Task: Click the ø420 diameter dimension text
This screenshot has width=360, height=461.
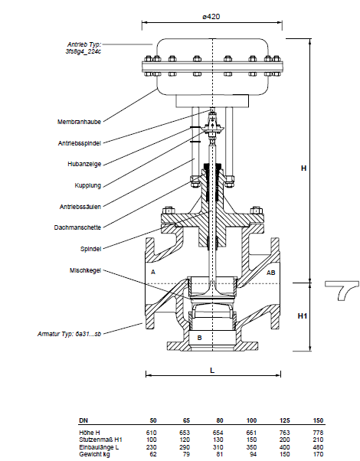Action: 211,17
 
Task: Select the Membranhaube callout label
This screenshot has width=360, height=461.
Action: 79,122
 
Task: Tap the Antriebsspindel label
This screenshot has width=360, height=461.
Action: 80,143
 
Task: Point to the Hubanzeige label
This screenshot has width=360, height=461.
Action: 84,164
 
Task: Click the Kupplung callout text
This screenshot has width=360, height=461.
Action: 87,185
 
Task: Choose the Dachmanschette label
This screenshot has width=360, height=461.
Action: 77,227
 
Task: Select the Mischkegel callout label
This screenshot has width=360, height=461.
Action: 85,270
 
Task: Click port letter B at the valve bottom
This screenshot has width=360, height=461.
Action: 199,338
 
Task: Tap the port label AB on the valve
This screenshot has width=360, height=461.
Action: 270,273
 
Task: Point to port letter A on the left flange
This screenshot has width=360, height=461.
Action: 153,272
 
